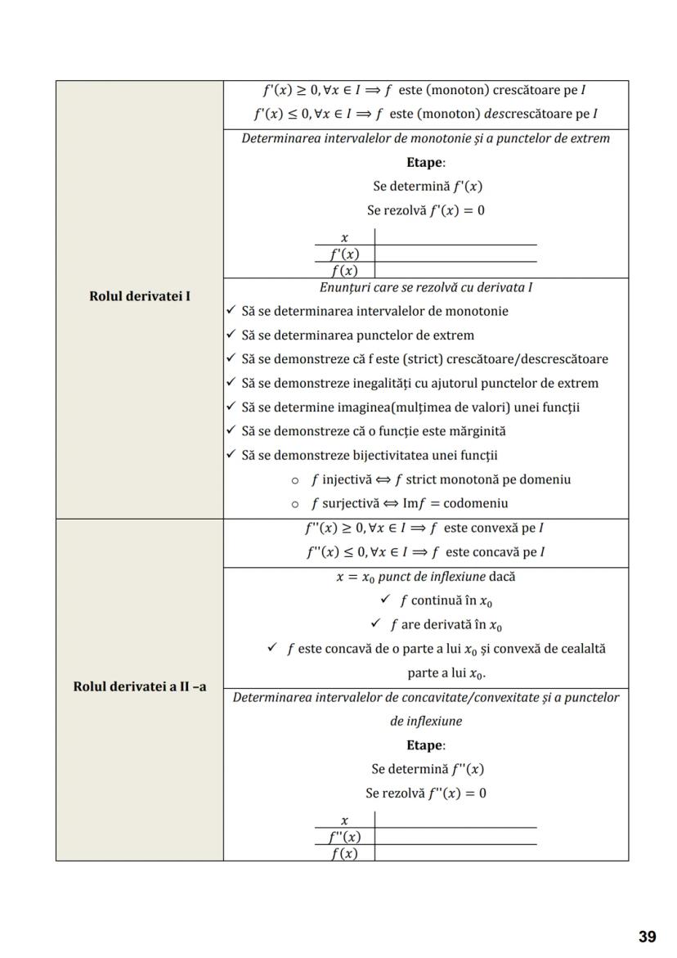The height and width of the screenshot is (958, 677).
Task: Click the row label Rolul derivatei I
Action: point(140,295)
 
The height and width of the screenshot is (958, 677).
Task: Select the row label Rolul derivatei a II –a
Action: point(140,686)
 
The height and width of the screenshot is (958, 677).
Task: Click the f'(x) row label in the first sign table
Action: point(344,254)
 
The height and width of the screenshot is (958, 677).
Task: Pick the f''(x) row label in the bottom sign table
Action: point(344,837)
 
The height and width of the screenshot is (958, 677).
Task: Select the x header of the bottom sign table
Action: point(344,820)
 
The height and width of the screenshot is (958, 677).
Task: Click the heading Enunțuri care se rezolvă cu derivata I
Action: point(425,287)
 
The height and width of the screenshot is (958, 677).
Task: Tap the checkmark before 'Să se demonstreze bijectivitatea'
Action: point(231,455)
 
